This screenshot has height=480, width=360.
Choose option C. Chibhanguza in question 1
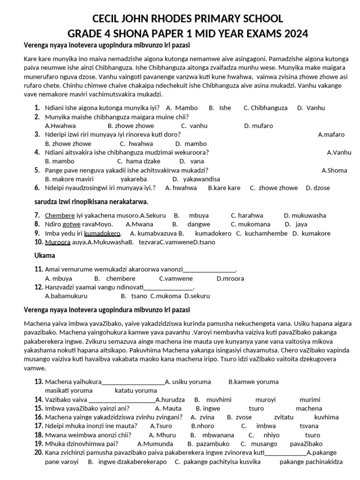click(265, 108)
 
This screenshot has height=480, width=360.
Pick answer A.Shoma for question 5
click(335, 170)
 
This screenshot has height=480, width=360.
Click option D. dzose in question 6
click(318, 188)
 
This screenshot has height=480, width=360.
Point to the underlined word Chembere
click(60, 216)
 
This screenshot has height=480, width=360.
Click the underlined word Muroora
click(57, 242)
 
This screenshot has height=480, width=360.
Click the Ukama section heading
click(45, 256)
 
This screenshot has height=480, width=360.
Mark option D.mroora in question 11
click(230, 278)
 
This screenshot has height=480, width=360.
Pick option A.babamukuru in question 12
click(66, 296)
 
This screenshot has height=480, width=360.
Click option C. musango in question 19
click(259, 444)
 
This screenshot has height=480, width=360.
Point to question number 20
click(38, 453)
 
